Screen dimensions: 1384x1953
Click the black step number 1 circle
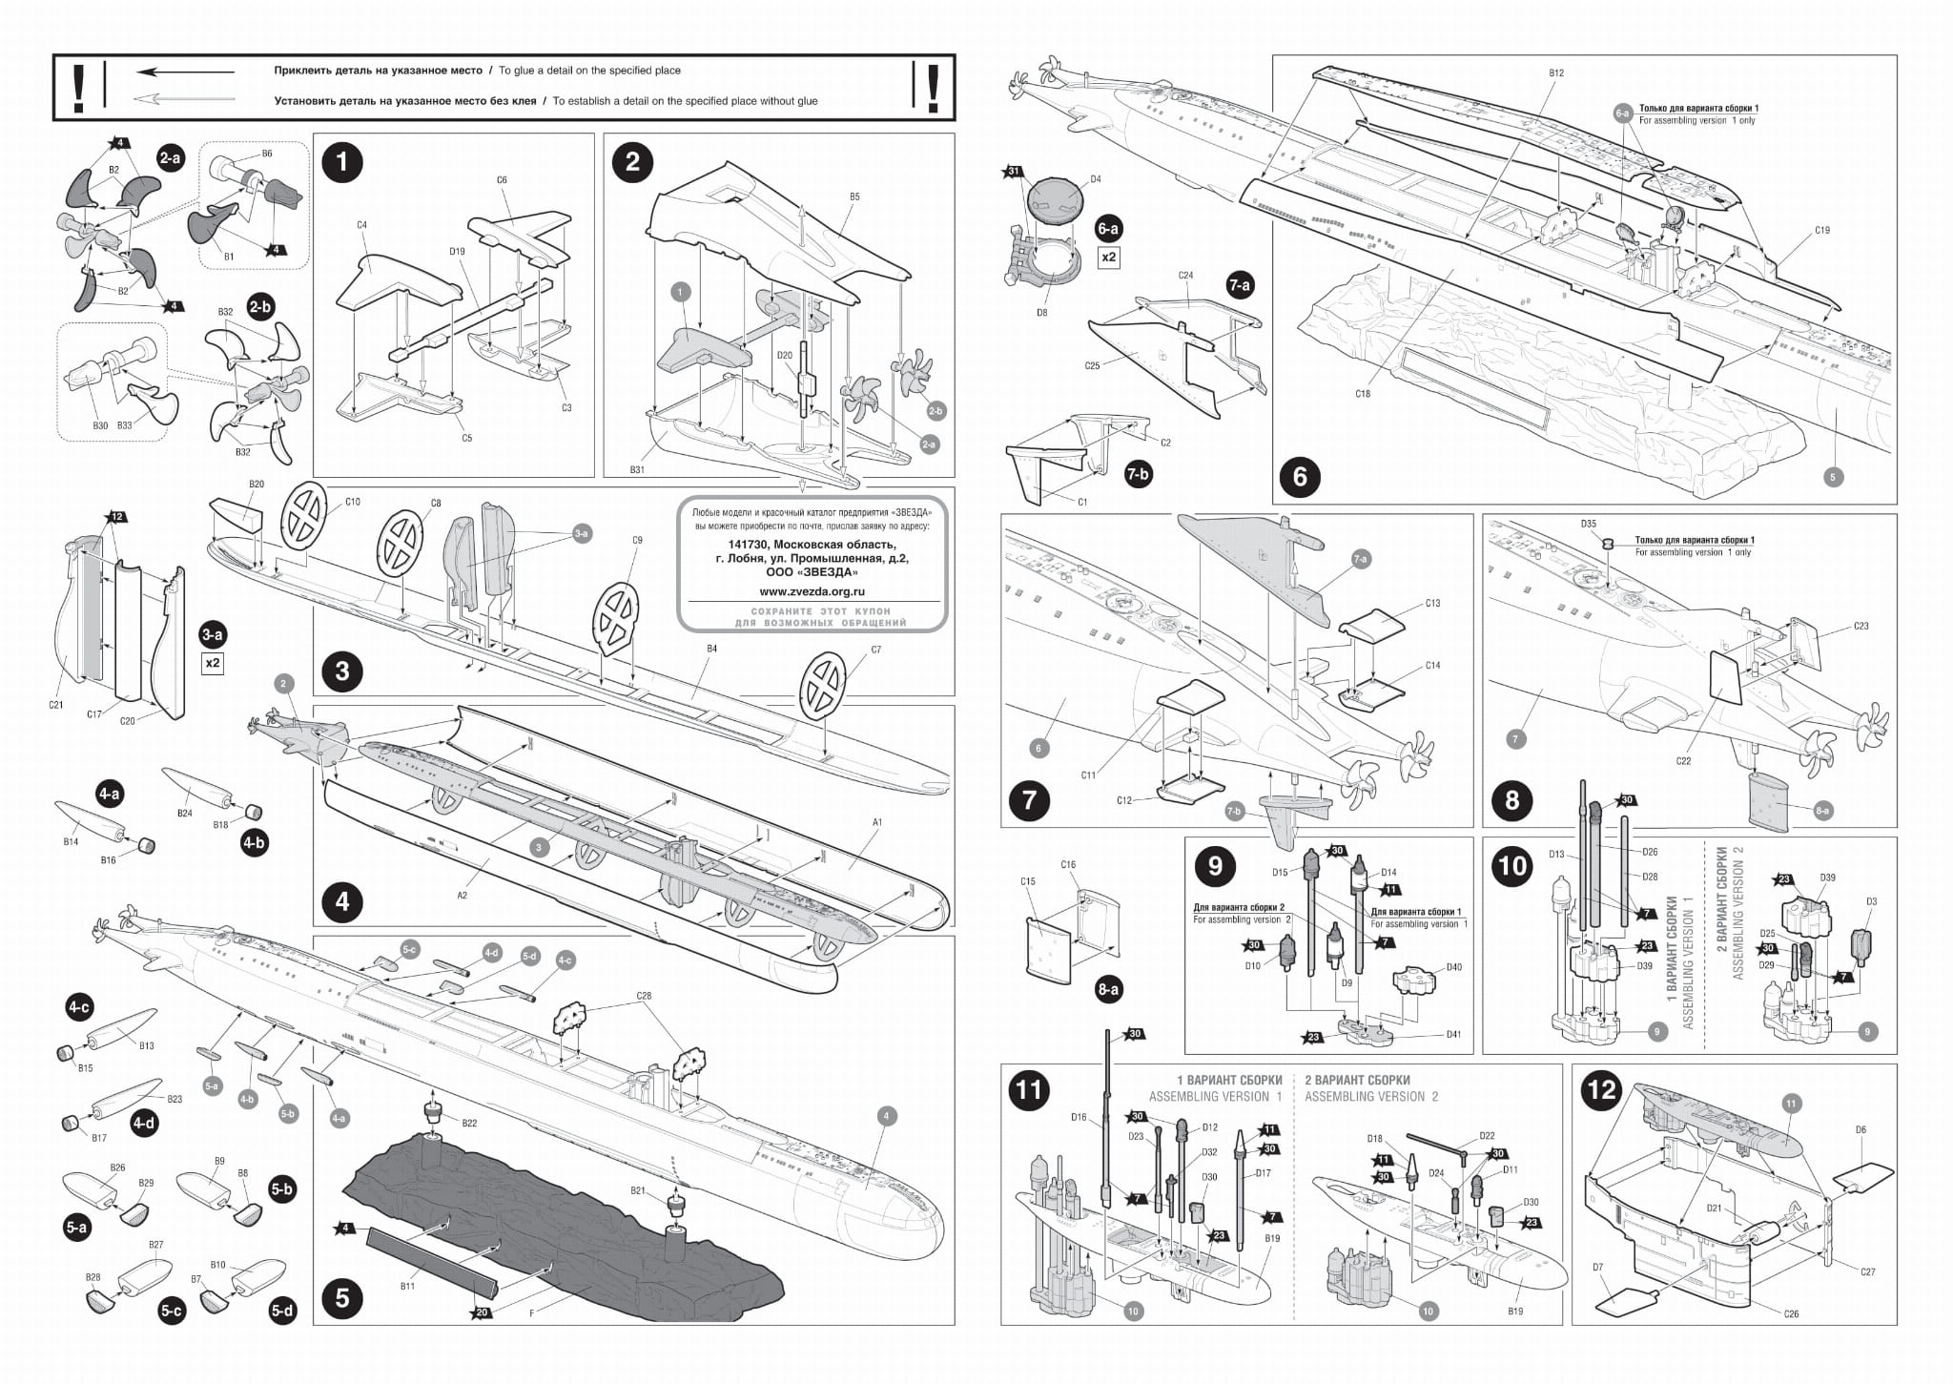pos(342,162)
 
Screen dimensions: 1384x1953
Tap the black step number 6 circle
pos(1301,476)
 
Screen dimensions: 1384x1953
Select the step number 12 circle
pos(1601,1090)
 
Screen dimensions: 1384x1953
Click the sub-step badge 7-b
pos(1138,474)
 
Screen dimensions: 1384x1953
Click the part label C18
pos(1362,393)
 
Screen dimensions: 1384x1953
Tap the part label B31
pos(638,469)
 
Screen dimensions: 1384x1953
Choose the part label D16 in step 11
pos(1079,1117)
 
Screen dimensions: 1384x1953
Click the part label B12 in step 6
pos(1556,73)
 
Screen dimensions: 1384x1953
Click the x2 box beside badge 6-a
pos(1109,258)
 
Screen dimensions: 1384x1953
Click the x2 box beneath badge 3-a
pos(212,662)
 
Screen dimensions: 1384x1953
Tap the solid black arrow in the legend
pos(185,72)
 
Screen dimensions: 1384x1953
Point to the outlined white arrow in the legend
pos(185,98)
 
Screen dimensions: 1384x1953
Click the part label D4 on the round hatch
pos(1096,178)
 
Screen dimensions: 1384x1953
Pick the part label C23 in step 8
pos(1861,626)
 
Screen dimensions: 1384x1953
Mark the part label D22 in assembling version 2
pos(1487,1136)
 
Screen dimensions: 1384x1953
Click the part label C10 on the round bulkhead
pos(353,502)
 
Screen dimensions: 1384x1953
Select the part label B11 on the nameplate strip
pos(408,1286)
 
